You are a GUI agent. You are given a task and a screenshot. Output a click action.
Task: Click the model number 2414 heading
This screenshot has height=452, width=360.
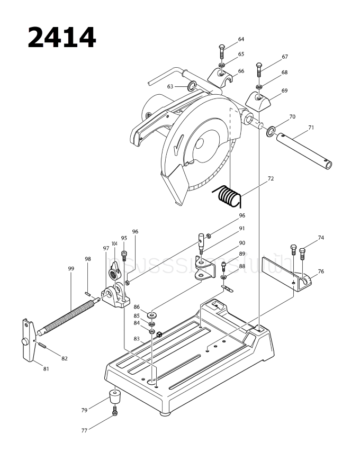(61, 37)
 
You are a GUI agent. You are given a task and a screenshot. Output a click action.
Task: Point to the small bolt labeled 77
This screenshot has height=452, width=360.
(115, 412)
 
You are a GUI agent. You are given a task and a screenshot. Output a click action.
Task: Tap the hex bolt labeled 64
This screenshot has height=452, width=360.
(222, 52)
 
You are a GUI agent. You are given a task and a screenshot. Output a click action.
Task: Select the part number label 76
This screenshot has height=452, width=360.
(320, 272)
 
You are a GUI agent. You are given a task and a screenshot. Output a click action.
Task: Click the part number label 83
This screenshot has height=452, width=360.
(136, 338)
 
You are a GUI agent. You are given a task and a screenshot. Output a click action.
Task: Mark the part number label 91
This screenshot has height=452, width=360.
(241, 229)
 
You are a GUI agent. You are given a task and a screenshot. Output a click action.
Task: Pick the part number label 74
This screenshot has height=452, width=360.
(320, 238)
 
